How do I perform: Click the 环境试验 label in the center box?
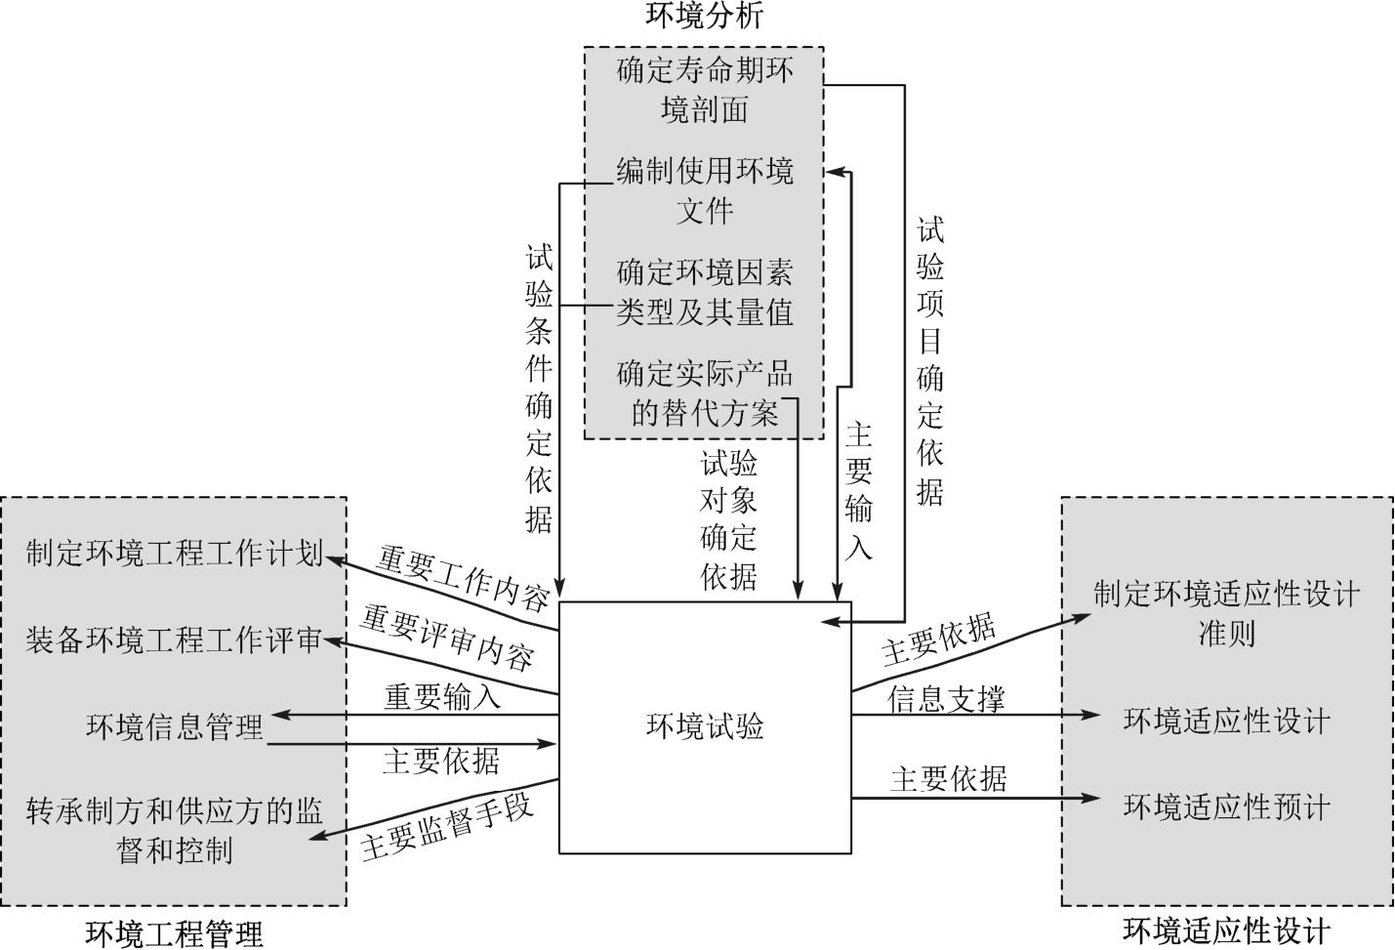(705, 727)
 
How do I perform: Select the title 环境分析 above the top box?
(704, 17)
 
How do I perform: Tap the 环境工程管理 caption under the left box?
(174, 933)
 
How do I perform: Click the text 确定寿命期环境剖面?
(705, 90)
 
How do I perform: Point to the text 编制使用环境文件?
(705, 191)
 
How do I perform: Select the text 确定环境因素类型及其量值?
(705, 292)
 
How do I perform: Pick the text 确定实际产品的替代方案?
(705, 393)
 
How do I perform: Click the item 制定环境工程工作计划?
(174, 554)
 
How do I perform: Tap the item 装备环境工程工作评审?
(174, 640)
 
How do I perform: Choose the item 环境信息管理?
(174, 727)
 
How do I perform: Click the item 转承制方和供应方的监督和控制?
(174, 830)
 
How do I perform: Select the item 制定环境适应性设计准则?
(1226, 613)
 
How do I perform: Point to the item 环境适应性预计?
(1226, 807)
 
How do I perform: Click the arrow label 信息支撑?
(945, 699)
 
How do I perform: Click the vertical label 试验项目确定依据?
(929, 361)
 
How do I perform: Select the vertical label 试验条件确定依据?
(539, 388)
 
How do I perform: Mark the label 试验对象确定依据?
(728, 519)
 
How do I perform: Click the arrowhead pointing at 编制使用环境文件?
(833, 173)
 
